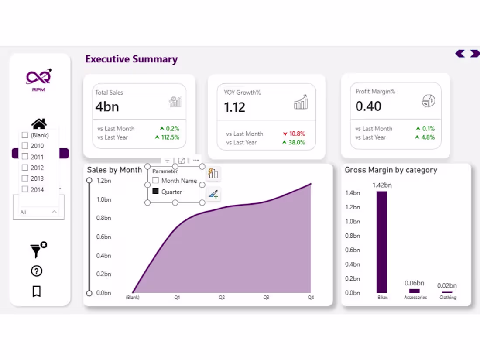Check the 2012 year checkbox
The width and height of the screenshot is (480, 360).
[25, 168]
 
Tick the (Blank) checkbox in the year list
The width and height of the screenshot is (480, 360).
[25, 135]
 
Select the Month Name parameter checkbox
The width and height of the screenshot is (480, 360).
[155, 180]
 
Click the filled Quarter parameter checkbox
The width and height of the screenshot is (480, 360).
[155, 192]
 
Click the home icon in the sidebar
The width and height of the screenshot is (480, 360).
[39, 124]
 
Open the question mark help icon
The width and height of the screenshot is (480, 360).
[37, 271]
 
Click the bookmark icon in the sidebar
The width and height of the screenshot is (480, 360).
[37, 291]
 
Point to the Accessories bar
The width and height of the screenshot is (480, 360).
[414, 291]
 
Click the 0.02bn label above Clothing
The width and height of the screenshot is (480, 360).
[447, 286]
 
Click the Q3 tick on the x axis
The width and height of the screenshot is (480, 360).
[266, 298]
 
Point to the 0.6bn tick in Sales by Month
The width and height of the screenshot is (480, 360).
[103, 237]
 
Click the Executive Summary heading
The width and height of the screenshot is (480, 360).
[131, 59]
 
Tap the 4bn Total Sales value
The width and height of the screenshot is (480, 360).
[107, 107]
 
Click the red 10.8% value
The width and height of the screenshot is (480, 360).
[297, 134]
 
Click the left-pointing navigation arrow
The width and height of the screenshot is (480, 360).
[460, 54]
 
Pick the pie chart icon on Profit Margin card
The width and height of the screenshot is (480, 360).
[429, 101]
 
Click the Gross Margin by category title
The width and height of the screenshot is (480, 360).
[391, 170]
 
